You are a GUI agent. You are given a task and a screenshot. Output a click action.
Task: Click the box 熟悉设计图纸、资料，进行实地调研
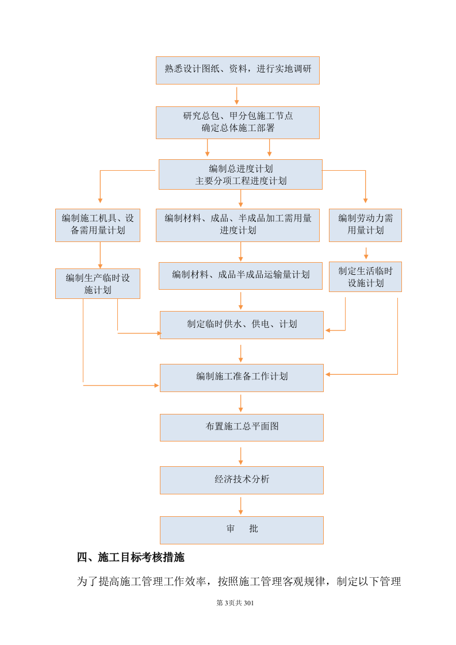click(237, 70)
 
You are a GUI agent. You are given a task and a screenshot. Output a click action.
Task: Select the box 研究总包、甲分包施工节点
click(237, 122)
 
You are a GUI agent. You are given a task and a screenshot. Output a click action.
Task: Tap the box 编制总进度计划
click(240, 174)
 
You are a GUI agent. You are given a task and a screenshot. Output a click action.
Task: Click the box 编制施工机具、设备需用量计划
click(98, 225)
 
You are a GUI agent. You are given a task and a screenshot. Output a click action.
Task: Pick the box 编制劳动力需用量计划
click(365, 225)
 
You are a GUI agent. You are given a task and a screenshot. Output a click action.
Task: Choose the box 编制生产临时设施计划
click(98, 283)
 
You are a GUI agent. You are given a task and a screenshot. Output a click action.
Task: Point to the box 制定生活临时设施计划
click(365, 277)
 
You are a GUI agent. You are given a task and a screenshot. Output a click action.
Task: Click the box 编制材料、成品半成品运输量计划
click(240, 275)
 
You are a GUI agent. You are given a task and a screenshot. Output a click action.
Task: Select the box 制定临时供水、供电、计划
click(242, 325)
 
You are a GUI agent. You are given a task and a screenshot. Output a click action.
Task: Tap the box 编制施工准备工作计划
click(242, 377)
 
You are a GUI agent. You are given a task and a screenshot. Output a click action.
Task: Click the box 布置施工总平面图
click(242, 427)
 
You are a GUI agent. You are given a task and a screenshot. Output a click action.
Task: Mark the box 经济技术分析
click(242, 480)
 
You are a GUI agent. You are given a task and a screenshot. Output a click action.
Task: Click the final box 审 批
click(242, 529)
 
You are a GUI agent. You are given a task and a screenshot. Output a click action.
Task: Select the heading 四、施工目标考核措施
click(131, 558)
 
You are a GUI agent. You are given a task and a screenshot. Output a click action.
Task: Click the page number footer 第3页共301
click(235, 603)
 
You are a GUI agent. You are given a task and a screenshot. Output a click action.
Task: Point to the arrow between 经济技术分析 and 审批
click(240, 505)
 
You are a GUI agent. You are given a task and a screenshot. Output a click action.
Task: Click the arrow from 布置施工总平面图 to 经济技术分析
click(240, 455)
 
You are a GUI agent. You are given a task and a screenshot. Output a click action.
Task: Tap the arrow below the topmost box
click(236, 95)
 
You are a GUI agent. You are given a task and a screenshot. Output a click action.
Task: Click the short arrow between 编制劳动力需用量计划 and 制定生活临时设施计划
click(366, 253)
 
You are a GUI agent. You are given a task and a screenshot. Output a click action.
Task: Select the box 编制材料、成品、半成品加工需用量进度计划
click(237, 225)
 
